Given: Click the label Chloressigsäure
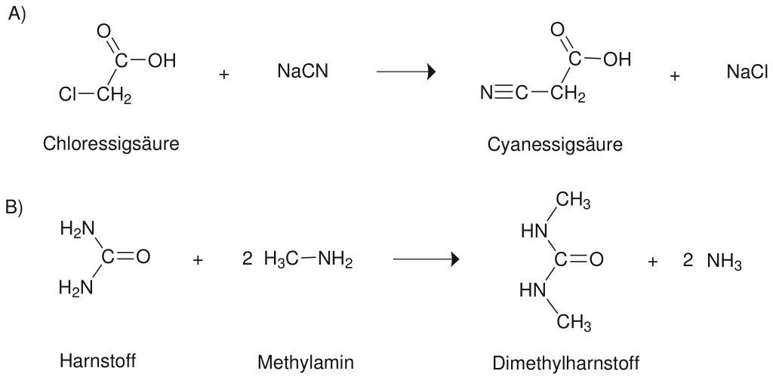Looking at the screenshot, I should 111,143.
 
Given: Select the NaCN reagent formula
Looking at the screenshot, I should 303,72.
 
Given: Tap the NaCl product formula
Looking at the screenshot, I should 747,72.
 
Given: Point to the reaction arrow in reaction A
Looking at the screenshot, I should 406,72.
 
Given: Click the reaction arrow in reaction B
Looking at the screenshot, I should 427,260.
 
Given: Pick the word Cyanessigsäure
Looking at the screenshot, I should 555,145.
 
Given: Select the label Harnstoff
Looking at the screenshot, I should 98,361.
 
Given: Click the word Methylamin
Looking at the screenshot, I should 305,363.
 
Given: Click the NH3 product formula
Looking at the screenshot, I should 724,262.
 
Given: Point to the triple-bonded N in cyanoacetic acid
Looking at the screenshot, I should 486,94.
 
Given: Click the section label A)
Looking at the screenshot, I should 17,14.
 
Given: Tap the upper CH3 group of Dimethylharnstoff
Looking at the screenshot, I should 574,204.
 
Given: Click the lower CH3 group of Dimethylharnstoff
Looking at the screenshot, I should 574,324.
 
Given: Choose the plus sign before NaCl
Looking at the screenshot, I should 675,75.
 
